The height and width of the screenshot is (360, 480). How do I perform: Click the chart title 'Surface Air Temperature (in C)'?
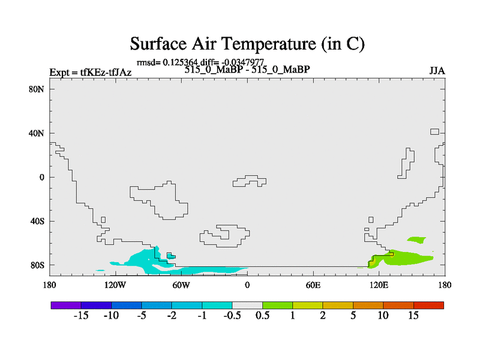[x=247, y=44]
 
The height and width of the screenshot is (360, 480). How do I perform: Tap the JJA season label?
[x=437, y=71]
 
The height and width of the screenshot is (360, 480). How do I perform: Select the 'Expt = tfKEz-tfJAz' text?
[x=91, y=73]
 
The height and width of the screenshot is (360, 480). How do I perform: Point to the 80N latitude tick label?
[x=37, y=89]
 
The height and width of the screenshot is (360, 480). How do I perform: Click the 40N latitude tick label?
[x=37, y=133]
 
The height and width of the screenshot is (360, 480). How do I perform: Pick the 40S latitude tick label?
[x=37, y=221]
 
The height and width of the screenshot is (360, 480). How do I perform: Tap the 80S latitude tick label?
[x=37, y=265]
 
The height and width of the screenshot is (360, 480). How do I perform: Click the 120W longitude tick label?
[x=115, y=286]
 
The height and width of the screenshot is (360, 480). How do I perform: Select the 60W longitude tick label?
[x=181, y=286]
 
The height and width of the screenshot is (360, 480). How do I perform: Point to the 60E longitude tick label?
[x=313, y=286]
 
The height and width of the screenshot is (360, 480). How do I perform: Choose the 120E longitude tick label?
[x=379, y=286]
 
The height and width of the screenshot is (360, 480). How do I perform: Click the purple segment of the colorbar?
[x=66, y=305]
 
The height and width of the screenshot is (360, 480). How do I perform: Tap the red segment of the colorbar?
[x=428, y=305]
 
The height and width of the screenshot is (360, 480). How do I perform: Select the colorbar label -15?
[x=81, y=316]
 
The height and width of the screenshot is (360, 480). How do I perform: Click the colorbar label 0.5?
[x=263, y=316]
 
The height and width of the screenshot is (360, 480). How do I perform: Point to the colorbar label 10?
[x=383, y=316]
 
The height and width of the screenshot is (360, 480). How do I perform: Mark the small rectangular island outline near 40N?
[x=434, y=131]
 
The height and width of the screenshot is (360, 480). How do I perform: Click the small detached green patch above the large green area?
[x=416, y=239]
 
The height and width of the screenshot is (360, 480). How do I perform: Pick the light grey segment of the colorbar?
[x=247, y=305]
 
